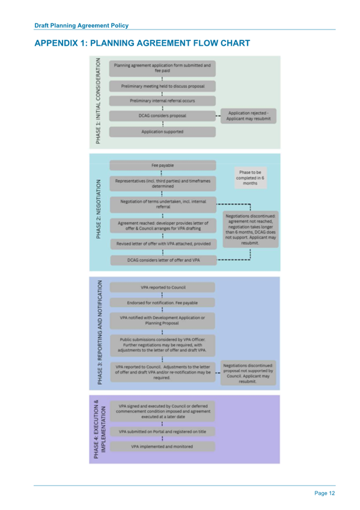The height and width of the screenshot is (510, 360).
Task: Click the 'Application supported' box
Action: [162, 131]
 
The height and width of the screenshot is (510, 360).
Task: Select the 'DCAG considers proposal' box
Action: [162, 115]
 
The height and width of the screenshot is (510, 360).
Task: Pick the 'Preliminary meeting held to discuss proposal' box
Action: [162, 85]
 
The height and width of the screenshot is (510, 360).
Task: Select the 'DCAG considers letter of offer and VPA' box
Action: [162, 260]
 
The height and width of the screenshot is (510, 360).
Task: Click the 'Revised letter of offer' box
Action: [162, 244]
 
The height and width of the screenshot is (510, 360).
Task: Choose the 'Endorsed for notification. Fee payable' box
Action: [162, 302]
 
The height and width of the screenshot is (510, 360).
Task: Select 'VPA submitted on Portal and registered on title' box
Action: [162, 431]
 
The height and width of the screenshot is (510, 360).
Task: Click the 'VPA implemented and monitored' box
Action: [162, 447]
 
